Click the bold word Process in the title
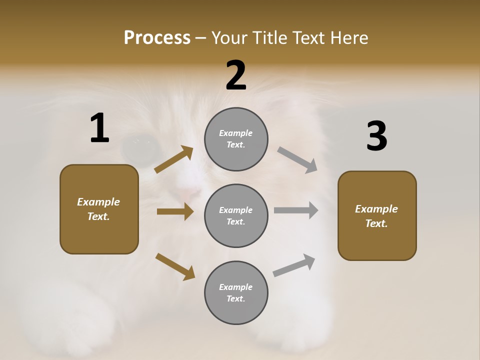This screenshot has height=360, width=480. pyautogui.click(x=157, y=38)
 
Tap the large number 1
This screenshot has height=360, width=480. pyautogui.click(x=99, y=128)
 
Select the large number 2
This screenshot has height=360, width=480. pyautogui.click(x=236, y=75)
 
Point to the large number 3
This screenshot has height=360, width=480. pyautogui.click(x=376, y=136)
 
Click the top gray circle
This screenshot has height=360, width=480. pyautogui.click(x=236, y=139)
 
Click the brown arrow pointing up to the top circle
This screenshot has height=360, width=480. pyautogui.click(x=174, y=159)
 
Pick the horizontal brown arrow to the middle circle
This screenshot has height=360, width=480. pyautogui.click(x=175, y=211)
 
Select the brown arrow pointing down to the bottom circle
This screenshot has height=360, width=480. pyautogui.click(x=175, y=266)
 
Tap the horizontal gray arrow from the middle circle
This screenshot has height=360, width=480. pyautogui.click(x=295, y=210)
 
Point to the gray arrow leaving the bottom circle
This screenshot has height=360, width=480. pyautogui.click(x=294, y=265)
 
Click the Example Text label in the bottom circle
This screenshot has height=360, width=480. pyautogui.click(x=236, y=293)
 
